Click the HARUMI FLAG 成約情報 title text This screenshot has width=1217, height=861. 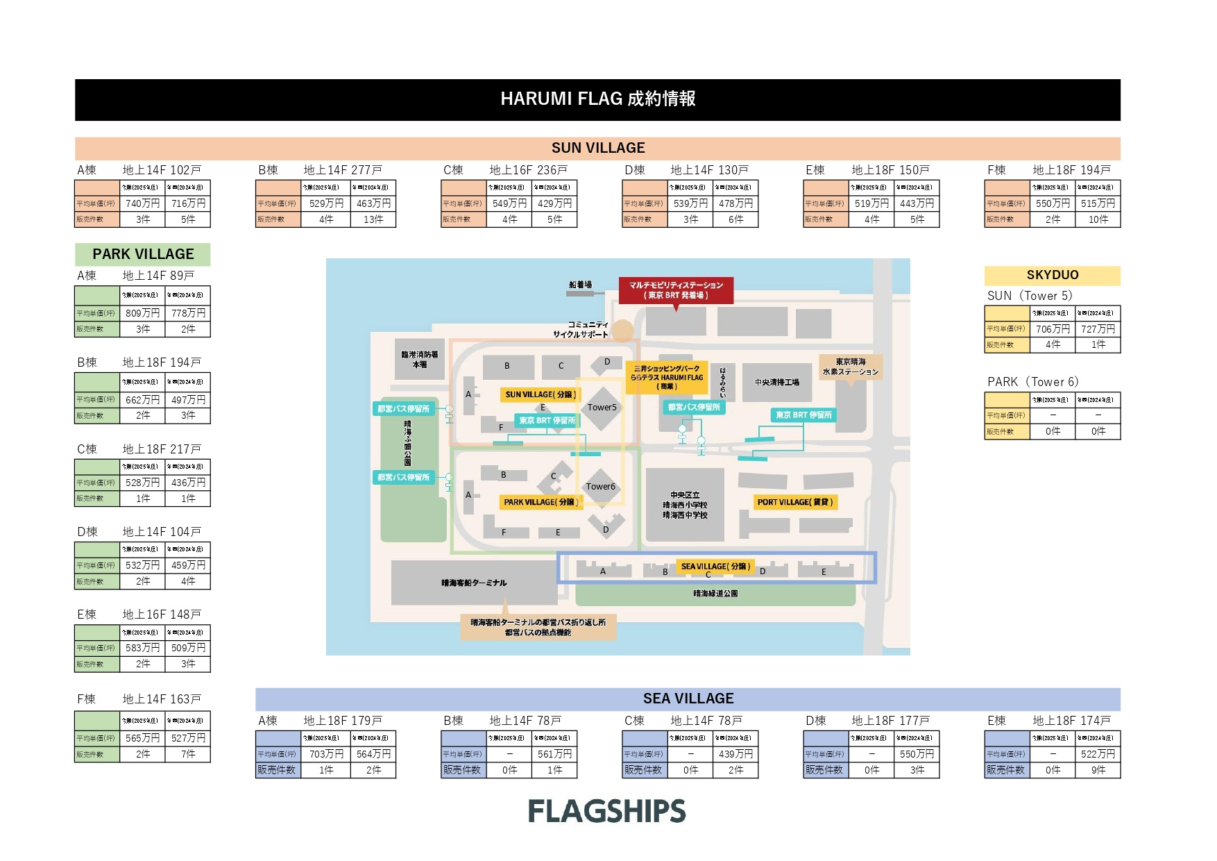(597, 99)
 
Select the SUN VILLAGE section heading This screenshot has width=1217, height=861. (597, 148)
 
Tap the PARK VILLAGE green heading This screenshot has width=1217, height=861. (143, 254)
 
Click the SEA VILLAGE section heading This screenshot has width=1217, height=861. (688, 699)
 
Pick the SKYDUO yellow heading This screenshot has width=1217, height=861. (1052, 275)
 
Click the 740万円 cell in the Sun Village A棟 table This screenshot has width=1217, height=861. (142, 203)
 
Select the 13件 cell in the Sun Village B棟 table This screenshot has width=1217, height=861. (373, 219)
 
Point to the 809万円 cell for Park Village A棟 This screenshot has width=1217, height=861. (142, 313)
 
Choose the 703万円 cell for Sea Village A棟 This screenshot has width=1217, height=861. (326, 754)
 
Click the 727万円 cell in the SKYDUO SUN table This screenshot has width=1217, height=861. (1098, 329)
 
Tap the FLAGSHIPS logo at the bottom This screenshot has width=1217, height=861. (607, 811)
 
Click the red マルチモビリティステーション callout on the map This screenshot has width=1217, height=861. (676, 290)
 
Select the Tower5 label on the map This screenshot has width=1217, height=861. (602, 408)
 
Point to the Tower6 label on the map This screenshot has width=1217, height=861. (600, 487)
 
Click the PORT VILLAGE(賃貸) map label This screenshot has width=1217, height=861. (794, 502)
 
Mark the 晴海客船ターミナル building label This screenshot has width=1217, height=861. (474, 583)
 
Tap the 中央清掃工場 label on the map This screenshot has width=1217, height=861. (776, 383)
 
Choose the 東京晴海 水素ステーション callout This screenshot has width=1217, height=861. (850, 367)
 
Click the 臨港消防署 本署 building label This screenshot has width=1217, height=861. (419, 360)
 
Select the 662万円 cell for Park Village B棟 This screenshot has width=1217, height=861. (142, 400)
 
